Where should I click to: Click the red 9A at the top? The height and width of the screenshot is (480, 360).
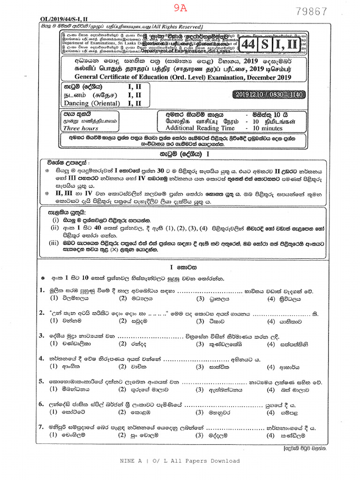[180, 7]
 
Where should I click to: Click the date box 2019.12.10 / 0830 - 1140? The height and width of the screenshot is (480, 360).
[268, 95]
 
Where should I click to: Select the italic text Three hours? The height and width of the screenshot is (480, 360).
[81, 128]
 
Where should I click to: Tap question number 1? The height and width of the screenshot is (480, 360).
[42, 291]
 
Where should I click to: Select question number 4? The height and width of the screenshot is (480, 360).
[42, 359]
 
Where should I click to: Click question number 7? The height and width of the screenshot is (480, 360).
[42, 427]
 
